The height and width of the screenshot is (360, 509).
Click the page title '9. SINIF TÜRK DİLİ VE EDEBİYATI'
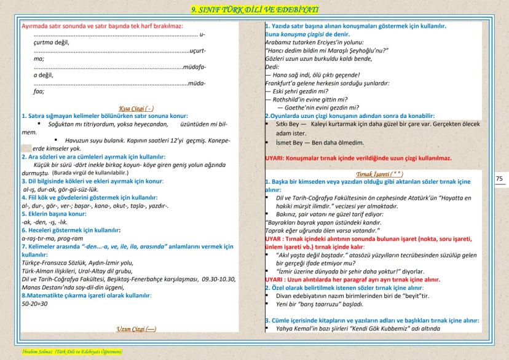click(x=254, y=9)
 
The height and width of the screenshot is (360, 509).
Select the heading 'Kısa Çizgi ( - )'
click(x=136, y=108)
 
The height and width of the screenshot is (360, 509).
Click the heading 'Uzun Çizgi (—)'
click(x=136, y=329)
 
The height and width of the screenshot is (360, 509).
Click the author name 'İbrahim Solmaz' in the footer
click(x=19, y=351)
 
